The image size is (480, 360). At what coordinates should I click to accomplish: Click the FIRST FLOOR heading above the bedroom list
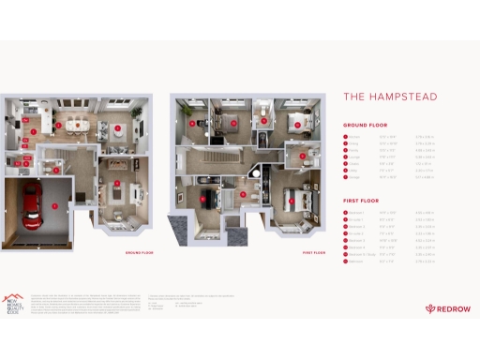coord(361,200)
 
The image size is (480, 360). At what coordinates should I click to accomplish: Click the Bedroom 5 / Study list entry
coord(364,253)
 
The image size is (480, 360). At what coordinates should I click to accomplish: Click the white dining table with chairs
coord(79,124)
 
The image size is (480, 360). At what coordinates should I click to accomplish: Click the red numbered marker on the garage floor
coord(54,204)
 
